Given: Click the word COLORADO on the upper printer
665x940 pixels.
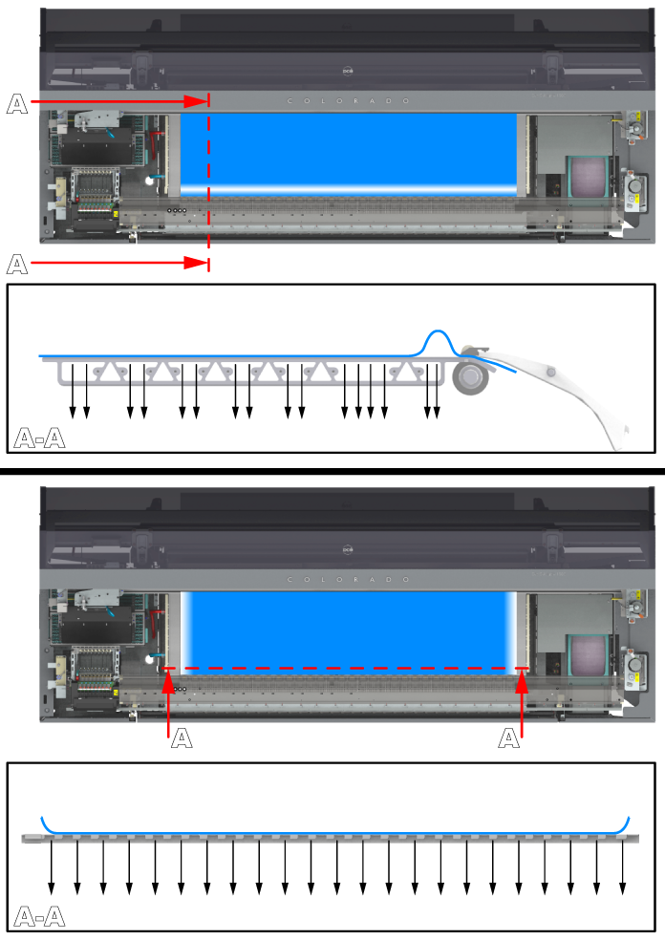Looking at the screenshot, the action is [x=348, y=100].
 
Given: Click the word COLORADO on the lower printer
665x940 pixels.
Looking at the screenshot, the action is [x=348, y=580].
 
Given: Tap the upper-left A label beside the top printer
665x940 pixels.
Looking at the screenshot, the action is [x=17, y=104].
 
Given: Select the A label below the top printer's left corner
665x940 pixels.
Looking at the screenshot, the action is [x=17, y=265].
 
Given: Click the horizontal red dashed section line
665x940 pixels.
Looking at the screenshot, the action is [x=346, y=668].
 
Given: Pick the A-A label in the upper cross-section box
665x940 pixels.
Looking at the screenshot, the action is [x=39, y=438].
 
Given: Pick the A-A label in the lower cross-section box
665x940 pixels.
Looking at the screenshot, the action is [x=39, y=917].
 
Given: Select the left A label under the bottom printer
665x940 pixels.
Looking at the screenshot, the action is [x=182, y=738].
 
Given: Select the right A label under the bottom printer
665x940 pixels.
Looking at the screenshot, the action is [x=508, y=738].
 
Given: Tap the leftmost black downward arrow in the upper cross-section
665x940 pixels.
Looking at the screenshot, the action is [x=72, y=391].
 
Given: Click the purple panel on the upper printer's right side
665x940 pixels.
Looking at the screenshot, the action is [x=589, y=177].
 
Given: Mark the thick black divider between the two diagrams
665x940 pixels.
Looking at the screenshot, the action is [x=332, y=471].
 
